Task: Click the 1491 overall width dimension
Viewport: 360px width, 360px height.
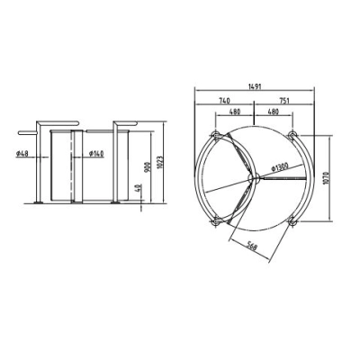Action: [x=255, y=86]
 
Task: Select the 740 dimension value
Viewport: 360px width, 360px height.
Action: [x=224, y=100]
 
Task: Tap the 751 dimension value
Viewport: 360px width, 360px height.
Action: [x=284, y=100]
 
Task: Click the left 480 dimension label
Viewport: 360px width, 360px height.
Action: [x=235, y=112]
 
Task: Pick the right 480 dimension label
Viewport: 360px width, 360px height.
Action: [x=274, y=112]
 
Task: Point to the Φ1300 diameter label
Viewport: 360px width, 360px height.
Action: [x=280, y=166]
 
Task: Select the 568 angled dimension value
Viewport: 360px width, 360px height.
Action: [x=252, y=247]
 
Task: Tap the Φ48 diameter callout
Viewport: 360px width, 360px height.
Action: [x=22, y=154]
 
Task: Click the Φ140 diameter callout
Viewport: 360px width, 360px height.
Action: [x=96, y=154]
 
